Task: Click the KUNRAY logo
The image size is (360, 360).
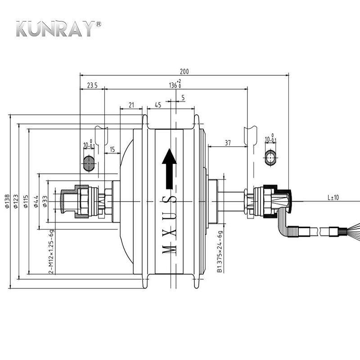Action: click(x=58, y=29)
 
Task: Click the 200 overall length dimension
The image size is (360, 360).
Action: click(x=184, y=72)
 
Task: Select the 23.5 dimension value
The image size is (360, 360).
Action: click(x=92, y=85)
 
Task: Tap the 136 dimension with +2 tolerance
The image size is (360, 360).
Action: click(x=175, y=84)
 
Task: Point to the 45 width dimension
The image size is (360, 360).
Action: click(x=158, y=105)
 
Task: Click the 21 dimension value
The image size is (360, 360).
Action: click(x=131, y=105)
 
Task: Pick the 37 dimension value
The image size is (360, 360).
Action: click(x=228, y=143)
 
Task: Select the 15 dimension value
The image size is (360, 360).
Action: click(x=112, y=150)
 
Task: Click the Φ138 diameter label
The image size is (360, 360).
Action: click(x=7, y=201)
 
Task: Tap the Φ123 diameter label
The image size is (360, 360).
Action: click(x=16, y=201)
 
